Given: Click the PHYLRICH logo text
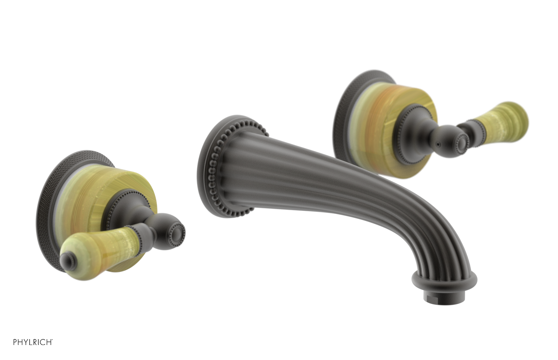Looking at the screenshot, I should [33, 342].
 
